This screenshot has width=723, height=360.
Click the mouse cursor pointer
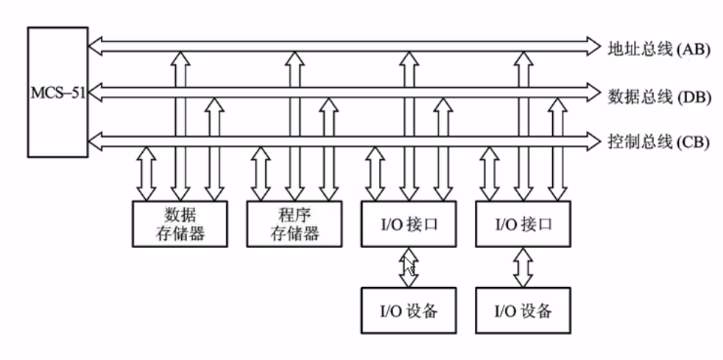tap(409, 267)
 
